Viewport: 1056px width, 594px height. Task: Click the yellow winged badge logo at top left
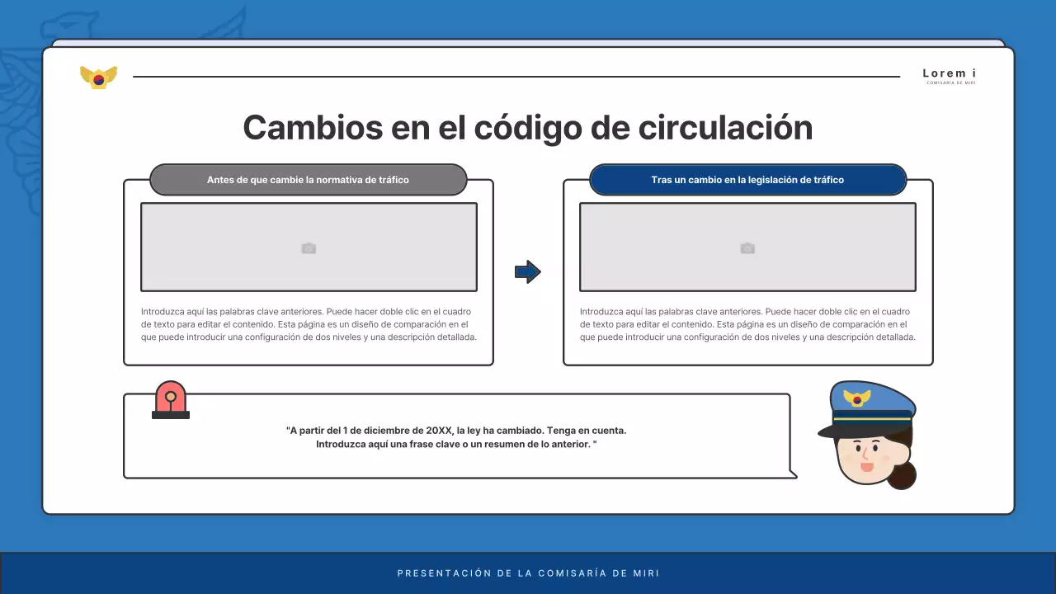(x=98, y=78)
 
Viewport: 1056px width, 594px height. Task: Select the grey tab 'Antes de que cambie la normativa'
(x=308, y=180)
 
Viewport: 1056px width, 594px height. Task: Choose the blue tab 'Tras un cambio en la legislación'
(x=747, y=180)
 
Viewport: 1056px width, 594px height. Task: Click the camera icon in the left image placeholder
(x=309, y=248)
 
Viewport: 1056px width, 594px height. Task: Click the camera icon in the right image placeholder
(x=747, y=248)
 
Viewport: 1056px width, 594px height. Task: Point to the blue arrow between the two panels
(x=527, y=271)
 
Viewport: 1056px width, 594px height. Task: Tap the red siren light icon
(x=171, y=400)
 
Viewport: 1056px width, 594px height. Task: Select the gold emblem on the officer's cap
(x=857, y=398)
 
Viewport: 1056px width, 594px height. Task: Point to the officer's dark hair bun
(x=902, y=476)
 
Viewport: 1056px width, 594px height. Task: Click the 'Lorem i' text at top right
(x=949, y=73)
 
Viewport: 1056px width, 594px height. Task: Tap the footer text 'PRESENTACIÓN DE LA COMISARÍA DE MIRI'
(x=528, y=573)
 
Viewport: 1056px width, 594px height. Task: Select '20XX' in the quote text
(x=438, y=431)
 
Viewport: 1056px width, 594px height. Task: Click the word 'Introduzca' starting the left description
(x=162, y=312)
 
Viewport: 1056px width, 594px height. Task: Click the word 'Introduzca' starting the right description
(x=601, y=312)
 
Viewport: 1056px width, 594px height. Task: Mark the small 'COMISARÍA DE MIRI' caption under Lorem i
(x=950, y=83)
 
